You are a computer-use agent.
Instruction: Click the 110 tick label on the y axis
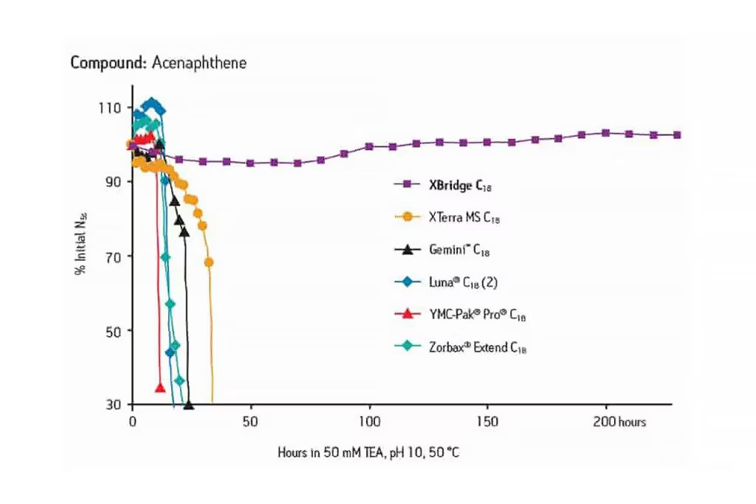pos(111,108)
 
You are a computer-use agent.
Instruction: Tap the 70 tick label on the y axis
pos(114,256)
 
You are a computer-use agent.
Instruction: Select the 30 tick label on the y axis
pos(114,405)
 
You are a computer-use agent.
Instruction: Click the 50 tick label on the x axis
pos(251,422)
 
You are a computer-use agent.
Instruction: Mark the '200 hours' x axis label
pos(619,422)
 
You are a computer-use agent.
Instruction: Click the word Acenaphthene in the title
pos(199,63)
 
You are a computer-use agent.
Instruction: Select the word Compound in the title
pos(109,63)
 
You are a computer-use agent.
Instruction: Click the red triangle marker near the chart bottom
pos(159,387)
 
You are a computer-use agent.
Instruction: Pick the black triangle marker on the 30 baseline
pos(188,405)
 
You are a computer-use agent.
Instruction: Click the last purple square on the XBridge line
pos(677,135)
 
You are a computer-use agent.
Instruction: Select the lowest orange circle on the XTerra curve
pos(209,262)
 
